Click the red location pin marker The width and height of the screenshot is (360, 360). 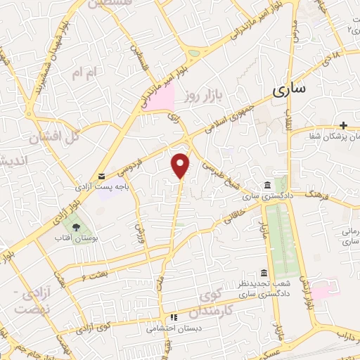[181, 165]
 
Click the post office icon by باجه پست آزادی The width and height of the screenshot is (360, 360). [102, 176]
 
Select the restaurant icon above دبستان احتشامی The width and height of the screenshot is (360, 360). [173, 317]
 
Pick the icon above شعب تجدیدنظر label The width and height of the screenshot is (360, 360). [264, 273]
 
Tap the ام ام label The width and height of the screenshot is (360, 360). [83, 72]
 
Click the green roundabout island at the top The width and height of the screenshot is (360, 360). [193, 52]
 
